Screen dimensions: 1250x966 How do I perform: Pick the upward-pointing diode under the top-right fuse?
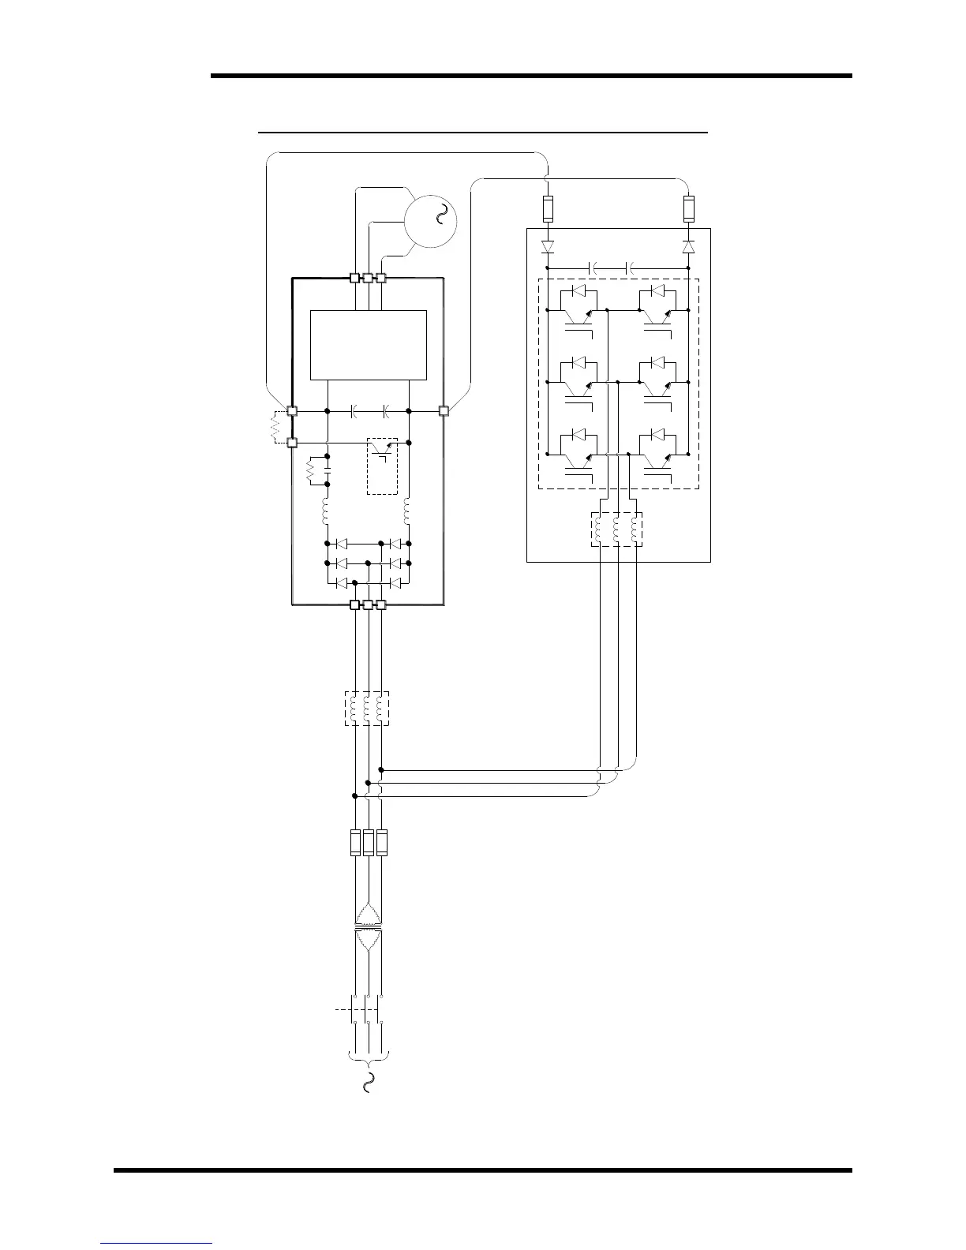click(x=688, y=247)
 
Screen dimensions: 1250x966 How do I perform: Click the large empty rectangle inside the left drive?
click(x=369, y=345)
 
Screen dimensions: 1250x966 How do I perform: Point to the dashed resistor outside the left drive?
click(x=275, y=427)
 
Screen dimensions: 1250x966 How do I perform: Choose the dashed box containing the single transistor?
click(x=382, y=466)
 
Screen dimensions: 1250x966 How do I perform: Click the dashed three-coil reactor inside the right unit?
click(x=617, y=530)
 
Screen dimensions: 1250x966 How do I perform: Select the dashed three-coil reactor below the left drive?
click(x=367, y=708)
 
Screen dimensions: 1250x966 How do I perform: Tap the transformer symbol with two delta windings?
click(x=368, y=926)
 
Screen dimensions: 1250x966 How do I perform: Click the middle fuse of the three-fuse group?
click(x=368, y=843)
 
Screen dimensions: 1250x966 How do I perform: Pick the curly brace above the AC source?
click(x=368, y=1057)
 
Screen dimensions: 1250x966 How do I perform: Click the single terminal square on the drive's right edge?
click(x=444, y=410)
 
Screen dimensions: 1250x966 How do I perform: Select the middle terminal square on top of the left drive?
click(x=368, y=278)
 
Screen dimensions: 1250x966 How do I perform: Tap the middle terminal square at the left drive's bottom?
click(x=368, y=604)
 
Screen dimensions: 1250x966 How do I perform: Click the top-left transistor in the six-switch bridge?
click(x=580, y=312)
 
